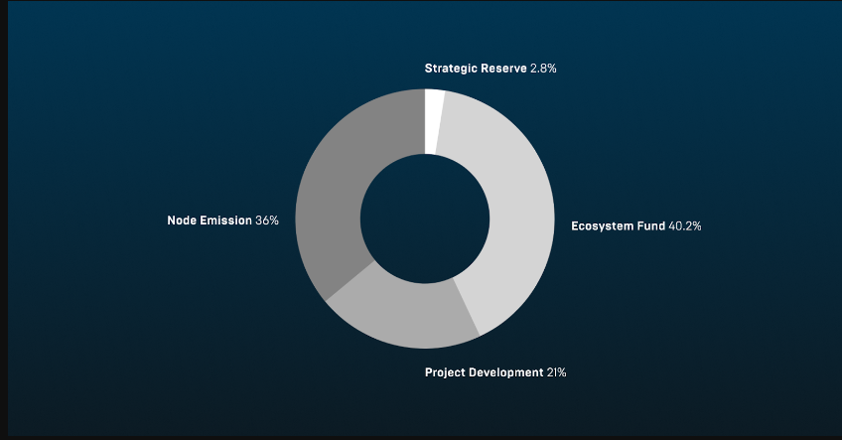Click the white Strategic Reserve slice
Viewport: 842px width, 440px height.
[434, 120]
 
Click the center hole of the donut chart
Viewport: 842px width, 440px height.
[425, 218]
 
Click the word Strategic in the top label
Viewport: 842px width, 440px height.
[451, 69]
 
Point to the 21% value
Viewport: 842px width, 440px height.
[556, 372]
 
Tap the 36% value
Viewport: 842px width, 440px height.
[267, 220]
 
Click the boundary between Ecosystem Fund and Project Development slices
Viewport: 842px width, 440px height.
[466, 307]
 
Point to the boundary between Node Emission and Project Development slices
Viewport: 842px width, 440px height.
[350, 281]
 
